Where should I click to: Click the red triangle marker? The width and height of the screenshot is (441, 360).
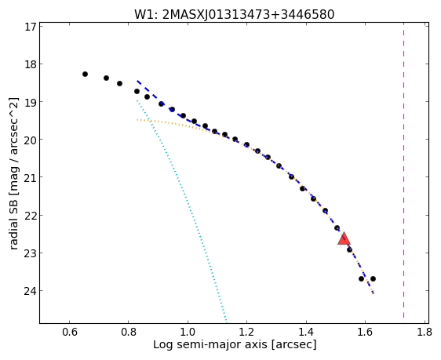[x=344, y=239]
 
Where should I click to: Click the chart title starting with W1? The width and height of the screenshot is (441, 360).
[x=235, y=14]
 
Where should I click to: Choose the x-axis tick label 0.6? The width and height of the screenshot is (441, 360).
[x=70, y=332]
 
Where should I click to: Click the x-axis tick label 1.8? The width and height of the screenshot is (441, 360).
[x=425, y=332]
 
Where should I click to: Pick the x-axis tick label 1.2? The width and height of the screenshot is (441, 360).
[x=246, y=332]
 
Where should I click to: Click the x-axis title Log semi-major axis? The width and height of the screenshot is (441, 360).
[x=235, y=344]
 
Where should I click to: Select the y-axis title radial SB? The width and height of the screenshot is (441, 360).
[x=14, y=173]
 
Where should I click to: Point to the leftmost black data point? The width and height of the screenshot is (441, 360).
[x=85, y=75]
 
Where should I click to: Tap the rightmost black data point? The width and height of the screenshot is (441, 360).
[x=373, y=278]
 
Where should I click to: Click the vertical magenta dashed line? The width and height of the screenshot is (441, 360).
[x=403, y=170]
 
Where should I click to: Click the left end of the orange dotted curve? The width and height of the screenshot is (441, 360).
[x=137, y=120]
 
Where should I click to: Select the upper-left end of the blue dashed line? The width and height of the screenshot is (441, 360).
[x=137, y=81]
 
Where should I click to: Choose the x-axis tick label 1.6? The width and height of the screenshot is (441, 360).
[x=365, y=332]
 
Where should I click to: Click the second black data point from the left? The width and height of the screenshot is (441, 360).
[x=106, y=78]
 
